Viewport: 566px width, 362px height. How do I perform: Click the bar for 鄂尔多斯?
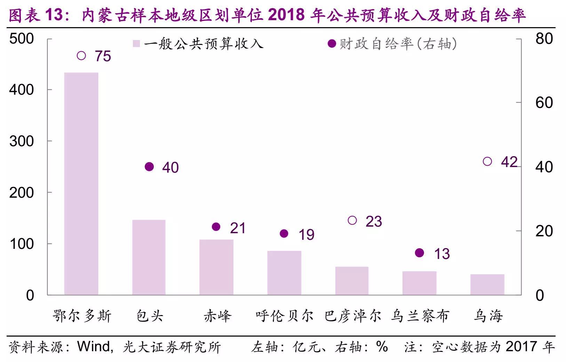pos(81,184)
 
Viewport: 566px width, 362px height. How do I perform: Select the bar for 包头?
pos(149,257)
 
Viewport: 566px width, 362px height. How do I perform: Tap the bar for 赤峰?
pos(216,267)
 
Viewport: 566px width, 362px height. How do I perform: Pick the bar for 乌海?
pos(487,284)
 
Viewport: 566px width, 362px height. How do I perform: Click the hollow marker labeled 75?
pos(81,56)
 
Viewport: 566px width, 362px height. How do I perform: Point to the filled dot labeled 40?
pos(149,167)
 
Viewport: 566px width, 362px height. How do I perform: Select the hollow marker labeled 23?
pos(352,220)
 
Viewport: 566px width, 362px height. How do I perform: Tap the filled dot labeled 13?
pos(420,253)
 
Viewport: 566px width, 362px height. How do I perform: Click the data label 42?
pos(509,162)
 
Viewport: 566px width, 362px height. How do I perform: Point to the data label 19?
pos(306,235)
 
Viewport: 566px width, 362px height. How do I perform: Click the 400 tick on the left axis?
pos(22,90)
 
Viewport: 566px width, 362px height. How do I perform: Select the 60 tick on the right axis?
pos(544,103)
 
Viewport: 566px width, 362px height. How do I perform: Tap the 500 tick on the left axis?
pos(22,39)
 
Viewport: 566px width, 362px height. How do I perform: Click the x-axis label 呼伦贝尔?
pos(285,316)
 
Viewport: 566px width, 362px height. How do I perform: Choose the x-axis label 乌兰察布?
pos(420,316)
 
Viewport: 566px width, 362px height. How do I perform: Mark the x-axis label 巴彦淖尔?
pos(352,316)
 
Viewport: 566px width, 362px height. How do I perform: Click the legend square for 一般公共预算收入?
pos(136,44)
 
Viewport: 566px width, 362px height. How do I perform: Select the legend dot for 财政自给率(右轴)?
pos(332,44)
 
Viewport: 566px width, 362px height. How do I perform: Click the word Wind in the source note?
pos(94,347)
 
